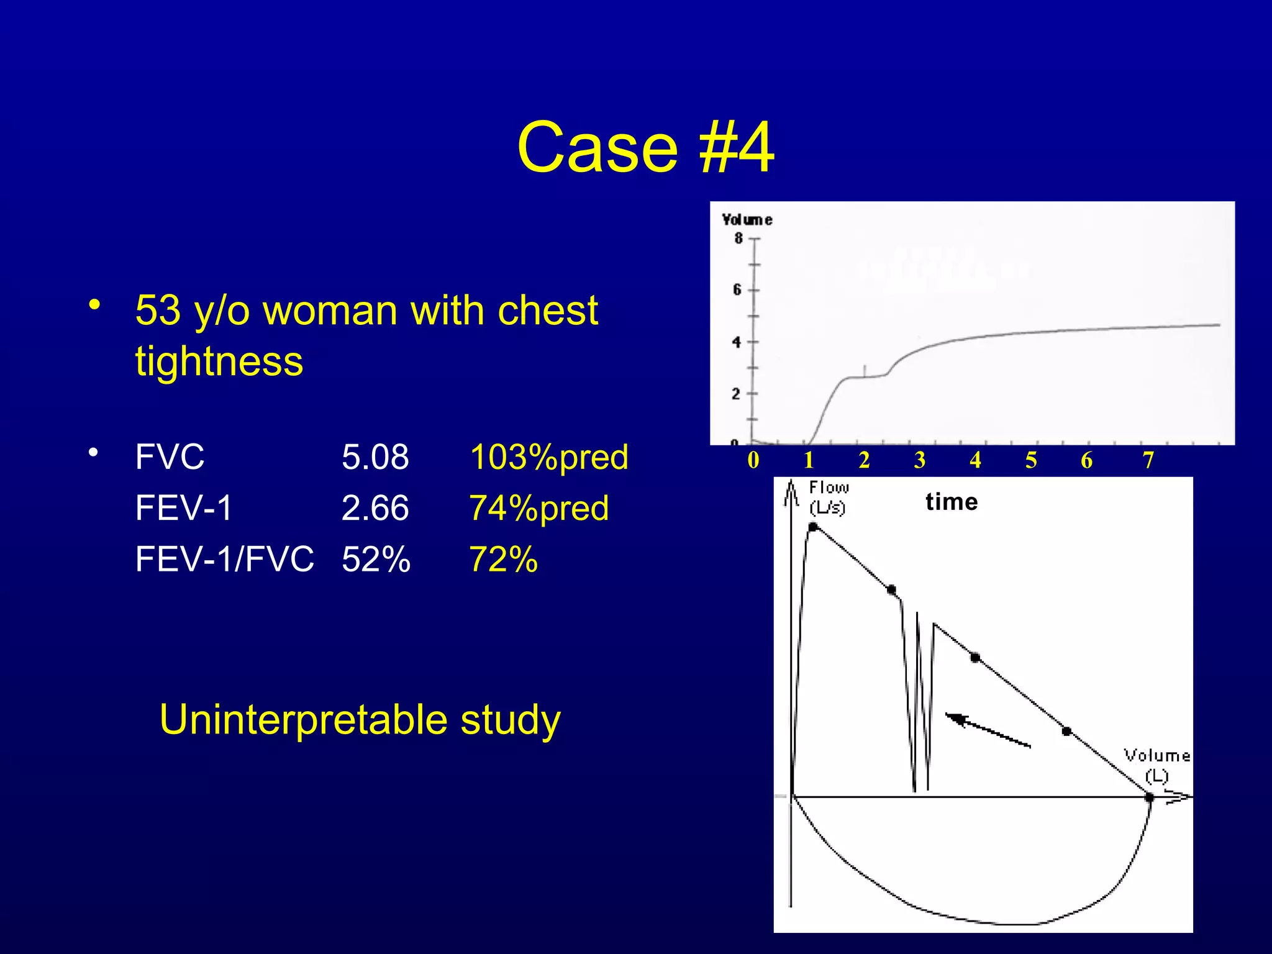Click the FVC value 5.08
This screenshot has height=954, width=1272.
(x=375, y=457)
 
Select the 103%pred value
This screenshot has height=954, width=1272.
(x=549, y=457)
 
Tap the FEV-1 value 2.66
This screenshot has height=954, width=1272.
(x=375, y=508)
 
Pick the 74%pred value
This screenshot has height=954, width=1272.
(x=539, y=508)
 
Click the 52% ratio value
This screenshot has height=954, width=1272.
(x=376, y=559)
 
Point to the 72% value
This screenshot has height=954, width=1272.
(x=503, y=559)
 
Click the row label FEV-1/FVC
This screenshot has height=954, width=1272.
(x=224, y=559)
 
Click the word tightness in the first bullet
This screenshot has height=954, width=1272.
(x=219, y=361)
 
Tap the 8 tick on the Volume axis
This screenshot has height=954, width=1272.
(x=738, y=238)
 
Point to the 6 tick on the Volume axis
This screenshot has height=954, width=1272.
(x=737, y=289)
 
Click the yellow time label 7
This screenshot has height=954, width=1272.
(x=1148, y=460)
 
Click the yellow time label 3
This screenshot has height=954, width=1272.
(x=920, y=460)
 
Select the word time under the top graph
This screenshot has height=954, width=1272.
(x=952, y=502)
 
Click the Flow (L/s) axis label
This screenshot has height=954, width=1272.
(x=828, y=497)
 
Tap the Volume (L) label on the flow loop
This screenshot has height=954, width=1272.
(x=1156, y=765)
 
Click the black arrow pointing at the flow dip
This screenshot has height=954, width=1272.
(x=988, y=730)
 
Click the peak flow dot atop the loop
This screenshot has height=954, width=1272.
(x=813, y=527)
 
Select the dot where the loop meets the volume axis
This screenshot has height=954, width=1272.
(x=1149, y=797)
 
